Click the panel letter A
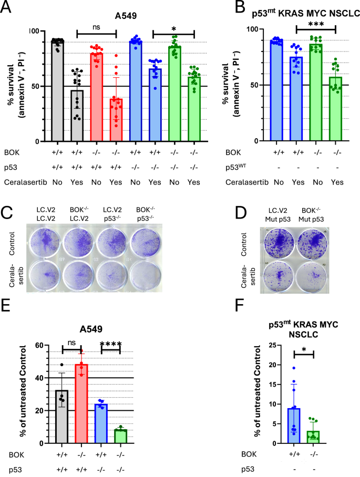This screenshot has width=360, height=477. pyautogui.click(x=9, y=8)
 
